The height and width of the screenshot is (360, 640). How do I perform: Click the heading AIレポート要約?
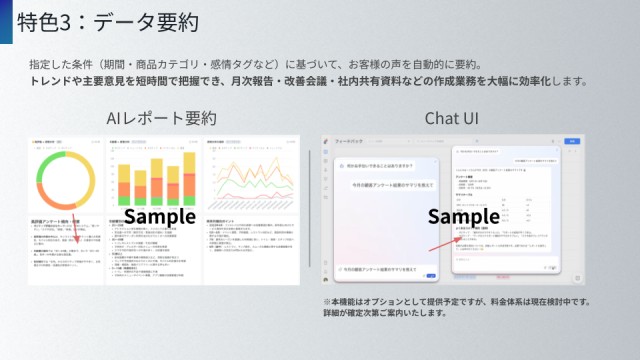pyautogui.click(x=161, y=119)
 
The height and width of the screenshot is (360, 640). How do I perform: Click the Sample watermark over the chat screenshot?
pyautogui.click(x=463, y=217)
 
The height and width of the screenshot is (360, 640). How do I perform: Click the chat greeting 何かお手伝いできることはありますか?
pyautogui.click(x=377, y=166)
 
